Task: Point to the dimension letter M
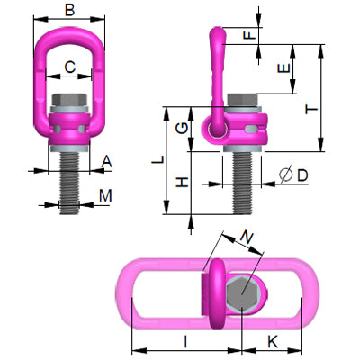point(106,195)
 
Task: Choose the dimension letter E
point(283,68)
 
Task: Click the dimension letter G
point(182,127)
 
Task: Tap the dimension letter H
point(182,183)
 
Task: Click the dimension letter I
point(184,340)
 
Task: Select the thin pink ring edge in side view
point(216,45)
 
